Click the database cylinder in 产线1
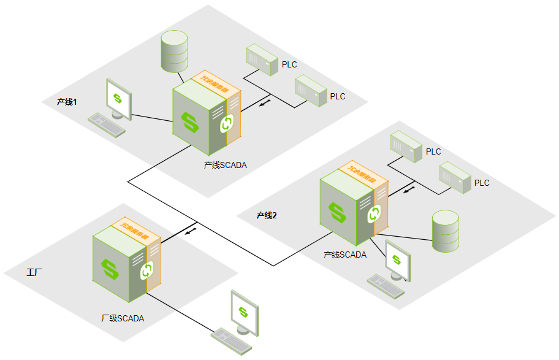point(173,52)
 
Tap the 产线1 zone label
point(67,101)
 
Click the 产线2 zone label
point(267,215)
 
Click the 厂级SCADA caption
point(123,318)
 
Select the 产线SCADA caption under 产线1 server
point(225,164)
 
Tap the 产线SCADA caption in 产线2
point(345,255)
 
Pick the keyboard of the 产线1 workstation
point(107,124)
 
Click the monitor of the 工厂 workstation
point(244,312)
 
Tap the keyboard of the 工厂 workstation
point(231,341)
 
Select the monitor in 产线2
point(397,259)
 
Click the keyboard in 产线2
point(386,285)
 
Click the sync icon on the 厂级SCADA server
point(147,270)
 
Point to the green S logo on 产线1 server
point(191,121)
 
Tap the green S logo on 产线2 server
point(337,212)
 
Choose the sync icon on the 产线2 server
point(373,214)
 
